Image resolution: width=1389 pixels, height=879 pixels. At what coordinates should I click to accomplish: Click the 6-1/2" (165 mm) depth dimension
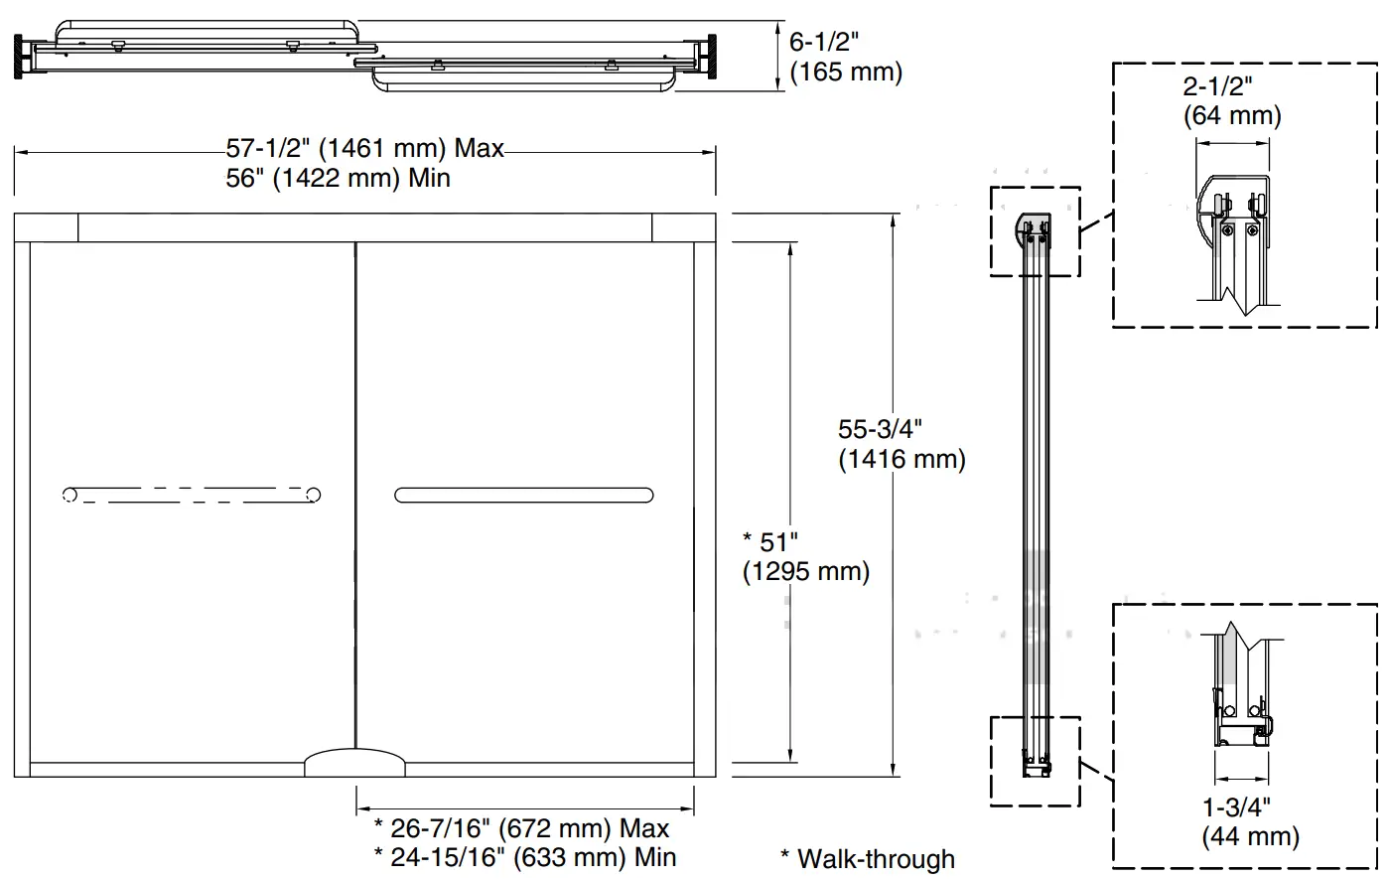click(x=845, y=57)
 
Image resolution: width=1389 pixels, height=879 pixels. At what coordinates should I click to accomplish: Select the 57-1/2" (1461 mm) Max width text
click(x=364, y=149)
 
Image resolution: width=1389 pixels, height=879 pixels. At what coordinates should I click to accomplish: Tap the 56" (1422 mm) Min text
click(x=338, y=179)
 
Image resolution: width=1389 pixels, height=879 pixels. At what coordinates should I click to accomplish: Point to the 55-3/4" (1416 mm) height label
click(x=901, y=444)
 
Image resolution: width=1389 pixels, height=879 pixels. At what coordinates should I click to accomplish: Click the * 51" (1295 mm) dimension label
click(x=805, y=557)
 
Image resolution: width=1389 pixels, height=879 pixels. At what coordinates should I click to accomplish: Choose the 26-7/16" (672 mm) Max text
click(x=521, y=827)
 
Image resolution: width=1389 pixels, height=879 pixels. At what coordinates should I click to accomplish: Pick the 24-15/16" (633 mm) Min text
click(x=524, y=856)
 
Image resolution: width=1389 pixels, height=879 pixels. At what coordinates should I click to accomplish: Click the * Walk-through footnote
click(x=867, y=859)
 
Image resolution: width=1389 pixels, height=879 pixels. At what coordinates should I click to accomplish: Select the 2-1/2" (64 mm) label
click(x=1231, y=100)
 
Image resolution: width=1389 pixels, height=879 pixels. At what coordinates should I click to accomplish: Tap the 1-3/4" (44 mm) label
click(x=1249, y=821)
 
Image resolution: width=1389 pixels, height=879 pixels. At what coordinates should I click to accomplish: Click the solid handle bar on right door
click(x=523, y=495)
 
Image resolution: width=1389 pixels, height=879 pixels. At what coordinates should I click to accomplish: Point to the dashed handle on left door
click(x=191, y=495)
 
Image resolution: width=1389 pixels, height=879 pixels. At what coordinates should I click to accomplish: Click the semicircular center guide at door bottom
click(x=354, y=763)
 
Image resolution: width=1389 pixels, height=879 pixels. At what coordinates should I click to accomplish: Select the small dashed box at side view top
click(x=1035, y=231)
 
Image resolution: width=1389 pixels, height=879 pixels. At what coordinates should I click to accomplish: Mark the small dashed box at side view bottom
click(x=1035, y=760)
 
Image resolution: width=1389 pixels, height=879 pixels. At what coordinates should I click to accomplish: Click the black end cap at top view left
click(x=20, y=56)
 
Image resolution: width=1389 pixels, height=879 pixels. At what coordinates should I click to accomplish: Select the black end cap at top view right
click(x=709, y=56)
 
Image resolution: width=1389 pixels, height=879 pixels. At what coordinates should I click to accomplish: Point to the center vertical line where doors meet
click(x=355, y=497)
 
